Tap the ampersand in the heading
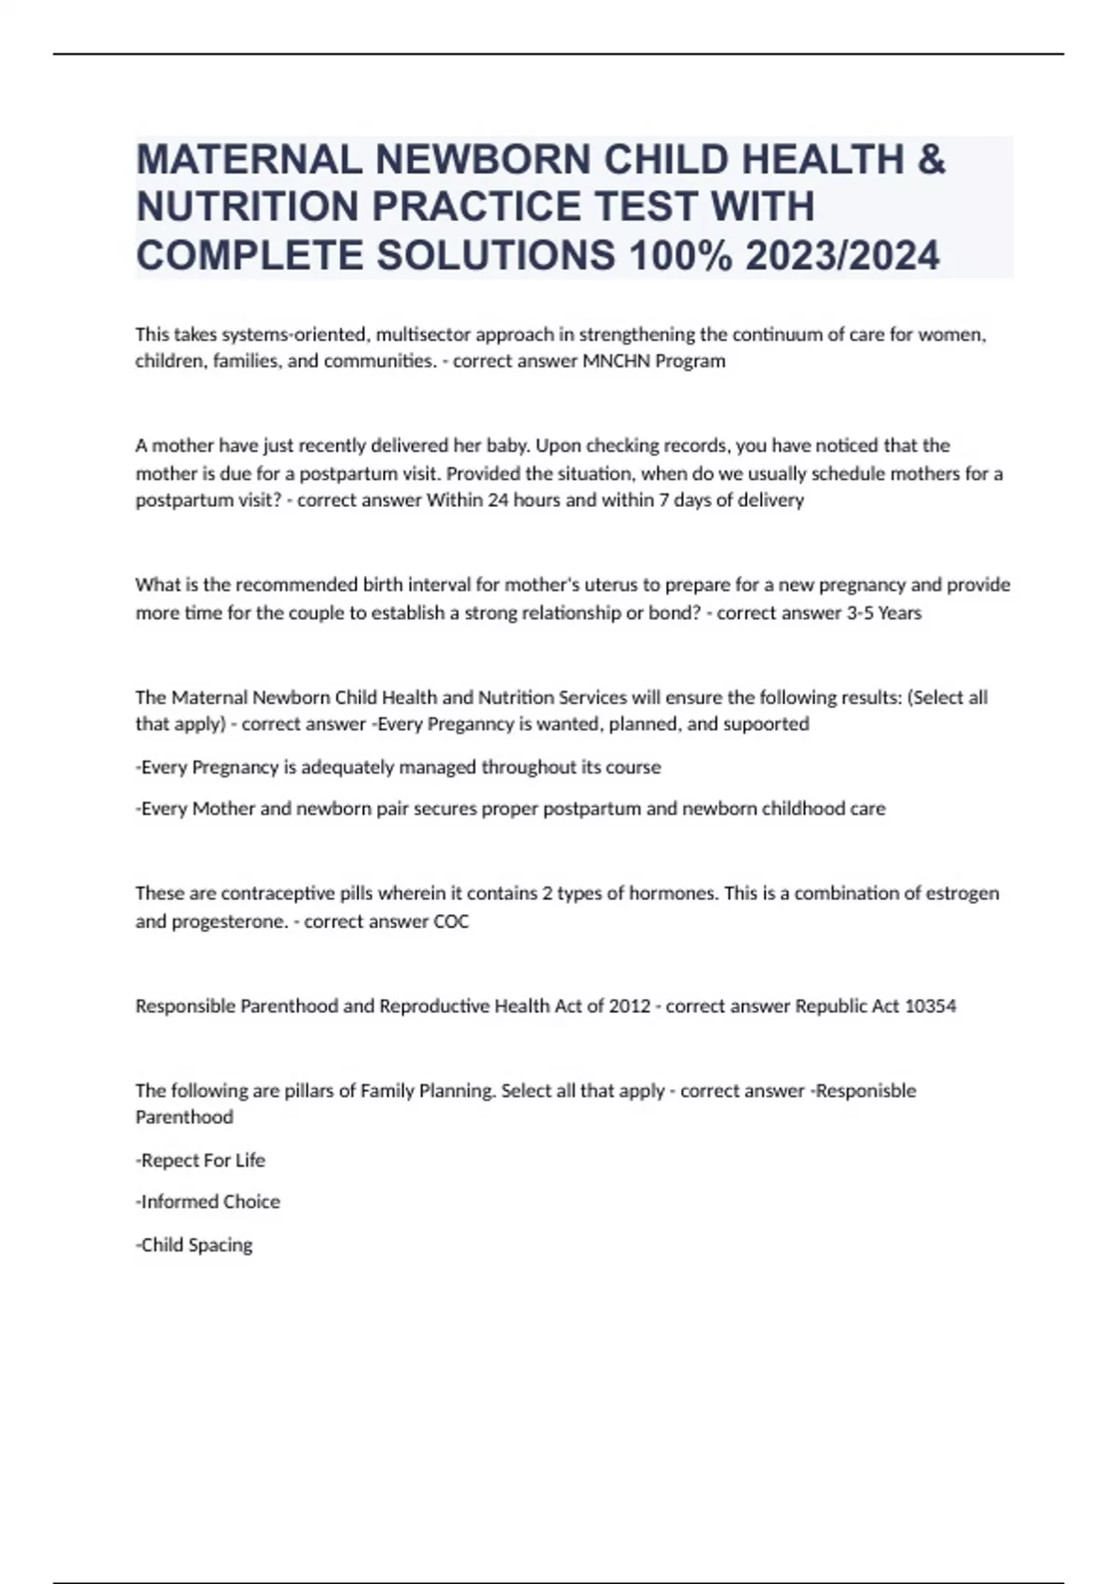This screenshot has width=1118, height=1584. click(931, 159)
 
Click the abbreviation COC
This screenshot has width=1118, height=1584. click(451, 921)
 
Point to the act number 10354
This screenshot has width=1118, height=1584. click(930, 1005)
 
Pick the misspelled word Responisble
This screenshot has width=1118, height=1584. click(865, 1090)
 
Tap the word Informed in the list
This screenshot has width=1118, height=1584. click(173, 1201)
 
